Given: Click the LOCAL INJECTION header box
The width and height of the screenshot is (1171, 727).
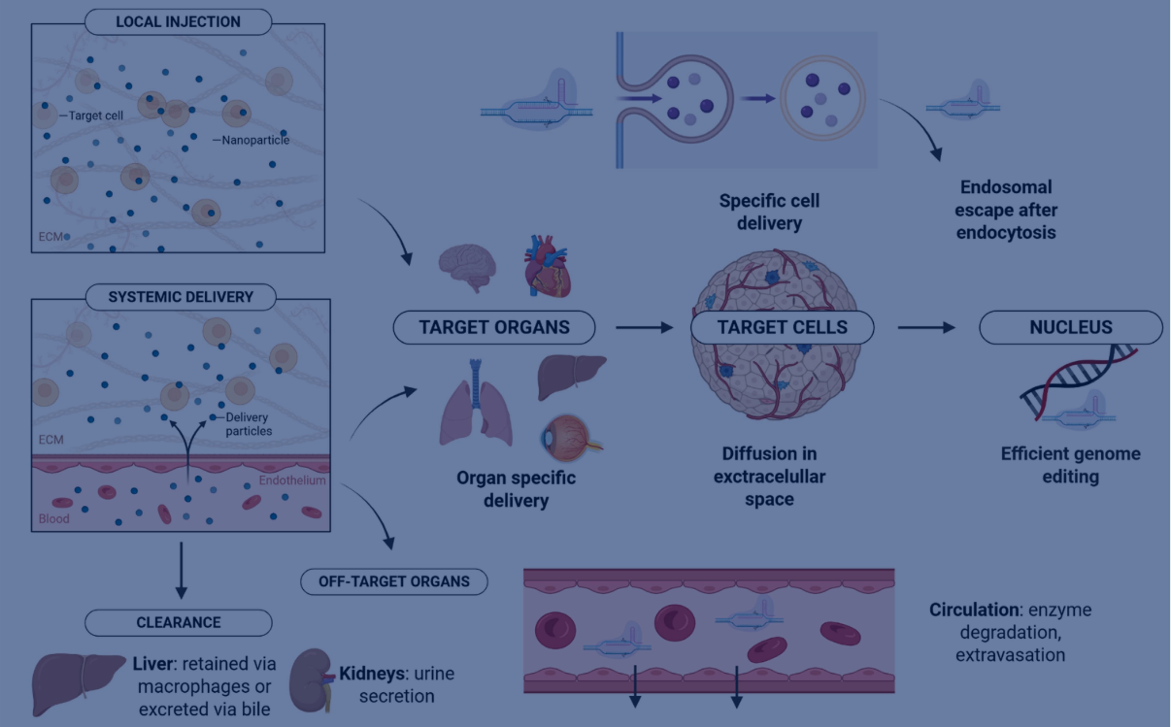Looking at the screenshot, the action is point(178,22).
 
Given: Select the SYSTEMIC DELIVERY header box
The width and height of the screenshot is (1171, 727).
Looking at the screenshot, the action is point(180,297).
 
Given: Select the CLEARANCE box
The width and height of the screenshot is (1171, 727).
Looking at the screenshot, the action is point(178,623).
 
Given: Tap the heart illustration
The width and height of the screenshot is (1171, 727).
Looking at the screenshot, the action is point(547,266).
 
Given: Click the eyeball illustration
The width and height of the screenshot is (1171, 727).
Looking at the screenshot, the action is point(570,438).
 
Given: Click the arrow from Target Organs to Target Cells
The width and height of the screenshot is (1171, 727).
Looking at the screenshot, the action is point(644,328).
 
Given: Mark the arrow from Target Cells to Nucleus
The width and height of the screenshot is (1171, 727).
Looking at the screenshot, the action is point(926,328).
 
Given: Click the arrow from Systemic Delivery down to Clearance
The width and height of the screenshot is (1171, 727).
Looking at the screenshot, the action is point(181,570).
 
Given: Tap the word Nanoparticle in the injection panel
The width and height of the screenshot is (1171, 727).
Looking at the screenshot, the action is point(255,140).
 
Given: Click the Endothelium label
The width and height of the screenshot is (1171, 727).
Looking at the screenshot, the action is point(292,480).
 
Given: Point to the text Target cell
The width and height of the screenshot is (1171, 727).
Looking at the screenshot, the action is point(96,115).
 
